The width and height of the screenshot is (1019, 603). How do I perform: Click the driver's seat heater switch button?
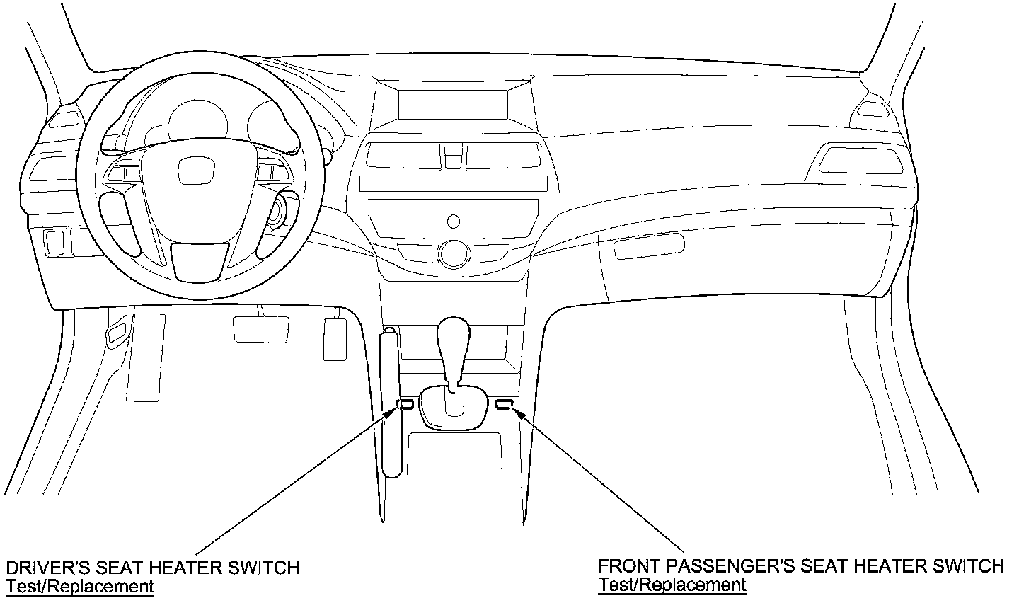point(407,404)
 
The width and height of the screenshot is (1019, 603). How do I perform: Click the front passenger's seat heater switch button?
point(505,404)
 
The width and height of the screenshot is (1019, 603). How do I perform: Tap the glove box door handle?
point(649,246)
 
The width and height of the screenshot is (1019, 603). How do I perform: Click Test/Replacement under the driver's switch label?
point(80,586)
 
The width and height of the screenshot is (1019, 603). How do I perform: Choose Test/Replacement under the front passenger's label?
point(672,585)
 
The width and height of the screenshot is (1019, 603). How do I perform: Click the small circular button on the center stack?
point(454,221)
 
